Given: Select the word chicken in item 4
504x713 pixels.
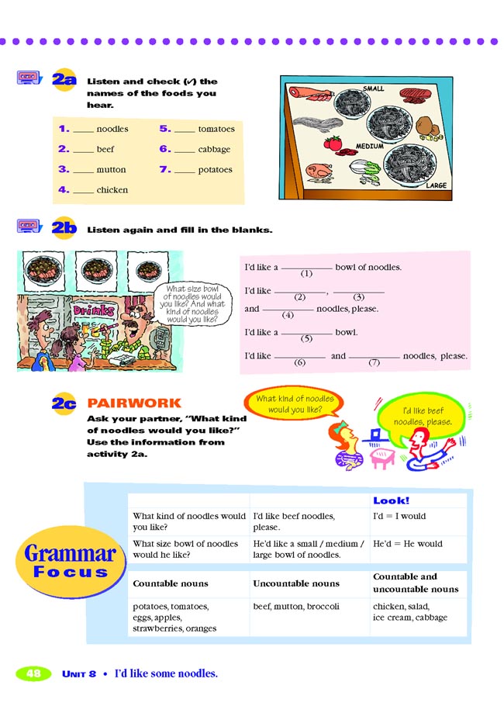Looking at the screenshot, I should (112, 190).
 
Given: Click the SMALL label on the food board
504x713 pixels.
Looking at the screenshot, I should (374, 89).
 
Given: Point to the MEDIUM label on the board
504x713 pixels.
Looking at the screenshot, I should (370, 145).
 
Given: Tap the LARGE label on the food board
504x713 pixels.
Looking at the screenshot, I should (437, 186).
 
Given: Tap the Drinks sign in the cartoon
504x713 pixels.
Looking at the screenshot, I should (94, 310).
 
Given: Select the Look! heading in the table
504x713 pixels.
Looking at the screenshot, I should (391, 501).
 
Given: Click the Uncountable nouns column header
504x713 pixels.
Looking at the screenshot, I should (296, 583).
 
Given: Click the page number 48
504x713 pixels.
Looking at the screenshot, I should (33, 673).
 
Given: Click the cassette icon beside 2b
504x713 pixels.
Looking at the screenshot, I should (29, 227).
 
